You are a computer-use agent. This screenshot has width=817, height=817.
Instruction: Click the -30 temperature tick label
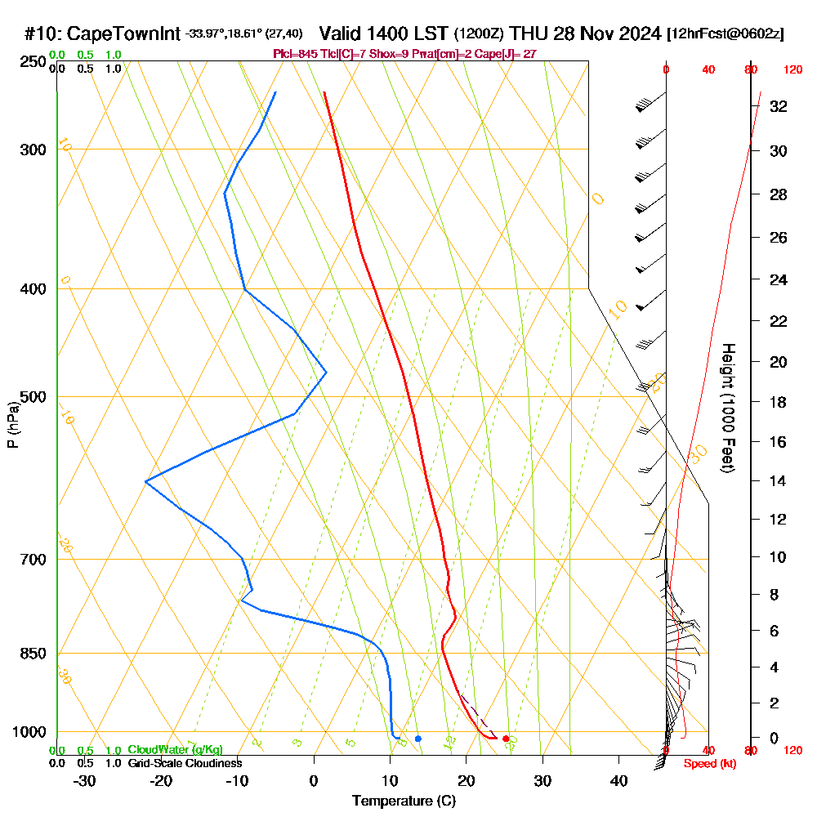[x=84, y=781]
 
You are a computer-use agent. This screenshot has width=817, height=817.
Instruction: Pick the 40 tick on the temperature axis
[x=618, y=781]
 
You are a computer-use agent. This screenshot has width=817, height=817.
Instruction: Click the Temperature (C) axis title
[x=404, y=801]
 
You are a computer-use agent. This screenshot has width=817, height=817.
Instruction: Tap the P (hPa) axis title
[x=12, y=424]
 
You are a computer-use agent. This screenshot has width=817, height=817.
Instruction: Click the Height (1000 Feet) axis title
[x=727, y=408]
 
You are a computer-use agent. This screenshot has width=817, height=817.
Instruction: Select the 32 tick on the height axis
[x=778, y=106]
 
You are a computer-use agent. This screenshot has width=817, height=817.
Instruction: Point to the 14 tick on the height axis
[x=778, y=480]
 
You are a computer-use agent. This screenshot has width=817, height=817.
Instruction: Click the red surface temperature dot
[x=506, y=739]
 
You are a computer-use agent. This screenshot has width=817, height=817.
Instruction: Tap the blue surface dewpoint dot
[x=418, y=739]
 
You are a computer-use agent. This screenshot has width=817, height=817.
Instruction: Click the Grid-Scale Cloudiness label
[x=185, y=763]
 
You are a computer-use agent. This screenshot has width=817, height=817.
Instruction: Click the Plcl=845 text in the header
[x=291, y=54]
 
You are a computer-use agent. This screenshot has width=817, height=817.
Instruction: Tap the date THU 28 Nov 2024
[x=585, y=33]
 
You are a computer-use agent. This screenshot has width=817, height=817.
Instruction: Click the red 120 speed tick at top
[x=792, y=70]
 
